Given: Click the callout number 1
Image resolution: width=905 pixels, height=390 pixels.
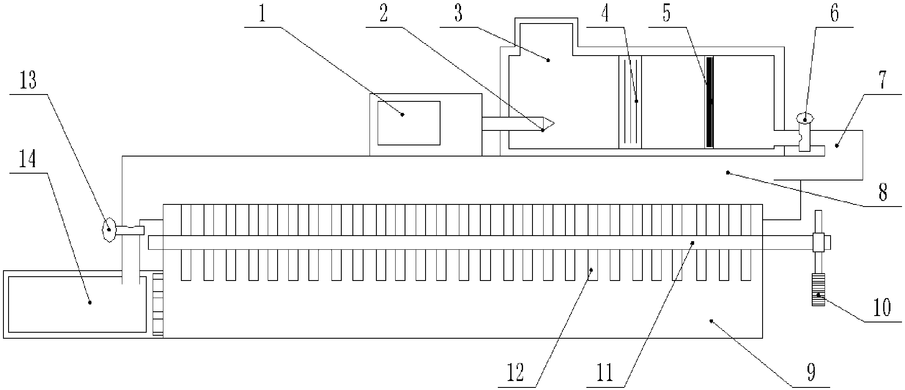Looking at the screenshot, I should coord(262,15).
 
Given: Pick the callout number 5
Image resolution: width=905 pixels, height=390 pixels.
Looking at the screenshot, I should coord(666,14).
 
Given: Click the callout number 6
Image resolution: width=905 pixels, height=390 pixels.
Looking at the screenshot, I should coord(834,14).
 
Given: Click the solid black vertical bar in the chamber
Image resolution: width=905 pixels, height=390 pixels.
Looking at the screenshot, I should coord(710,102).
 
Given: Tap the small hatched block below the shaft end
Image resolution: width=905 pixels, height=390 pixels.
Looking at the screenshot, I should coord(818,290).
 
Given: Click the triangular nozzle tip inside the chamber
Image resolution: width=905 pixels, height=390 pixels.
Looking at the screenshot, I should coord(548,124).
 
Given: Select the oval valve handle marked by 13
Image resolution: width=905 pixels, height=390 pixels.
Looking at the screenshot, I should coord(109,230).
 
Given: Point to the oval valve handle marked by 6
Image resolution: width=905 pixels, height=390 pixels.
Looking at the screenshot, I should coord(805,118).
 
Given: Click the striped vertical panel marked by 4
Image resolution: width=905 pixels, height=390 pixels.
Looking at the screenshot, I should coord(630,102).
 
